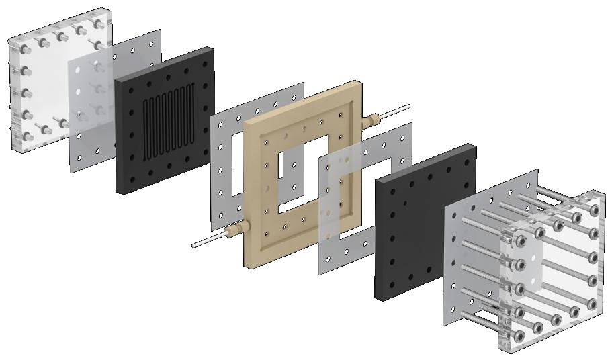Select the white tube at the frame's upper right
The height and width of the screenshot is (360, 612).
click(399, 109)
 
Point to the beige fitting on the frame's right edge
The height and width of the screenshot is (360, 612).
click(370, 121)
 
